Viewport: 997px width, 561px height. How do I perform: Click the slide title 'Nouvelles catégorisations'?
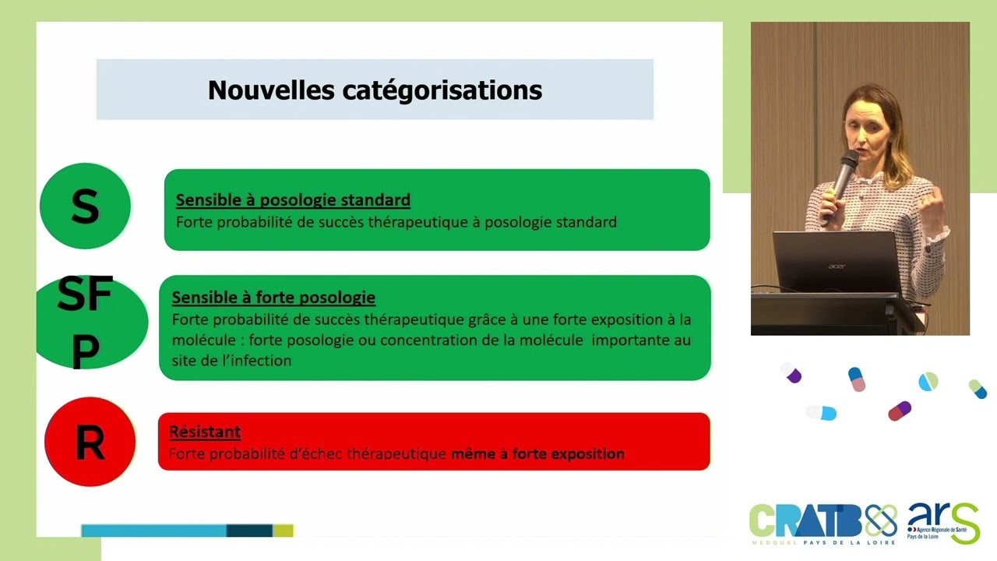tap(375, 90)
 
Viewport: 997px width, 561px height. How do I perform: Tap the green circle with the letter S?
tap(85, 206)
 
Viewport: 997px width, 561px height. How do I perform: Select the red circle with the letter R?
tap(90, 442)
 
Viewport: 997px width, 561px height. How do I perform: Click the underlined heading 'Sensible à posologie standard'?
tap(293, 200)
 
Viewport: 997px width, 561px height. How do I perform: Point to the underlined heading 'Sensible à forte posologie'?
tap(273, 298)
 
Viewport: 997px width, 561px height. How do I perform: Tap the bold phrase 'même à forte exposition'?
tap(537, 453)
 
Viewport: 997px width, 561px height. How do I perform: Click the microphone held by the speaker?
tap(843, 176)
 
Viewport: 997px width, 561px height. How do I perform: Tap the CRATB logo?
tap(821, 522)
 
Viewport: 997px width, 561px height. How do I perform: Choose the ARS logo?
tap(942, 522)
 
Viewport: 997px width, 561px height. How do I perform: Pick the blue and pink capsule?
tap(857, 379)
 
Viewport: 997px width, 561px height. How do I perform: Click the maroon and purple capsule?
tap(900, 410)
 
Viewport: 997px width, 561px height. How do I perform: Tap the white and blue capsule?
tap(822, 412)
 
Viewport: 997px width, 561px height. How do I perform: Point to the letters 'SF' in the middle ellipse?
tap(85, 295)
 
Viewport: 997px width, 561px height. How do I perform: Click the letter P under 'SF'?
tap(85, 351)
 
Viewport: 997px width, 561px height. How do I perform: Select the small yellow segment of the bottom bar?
tap(283, 531)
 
